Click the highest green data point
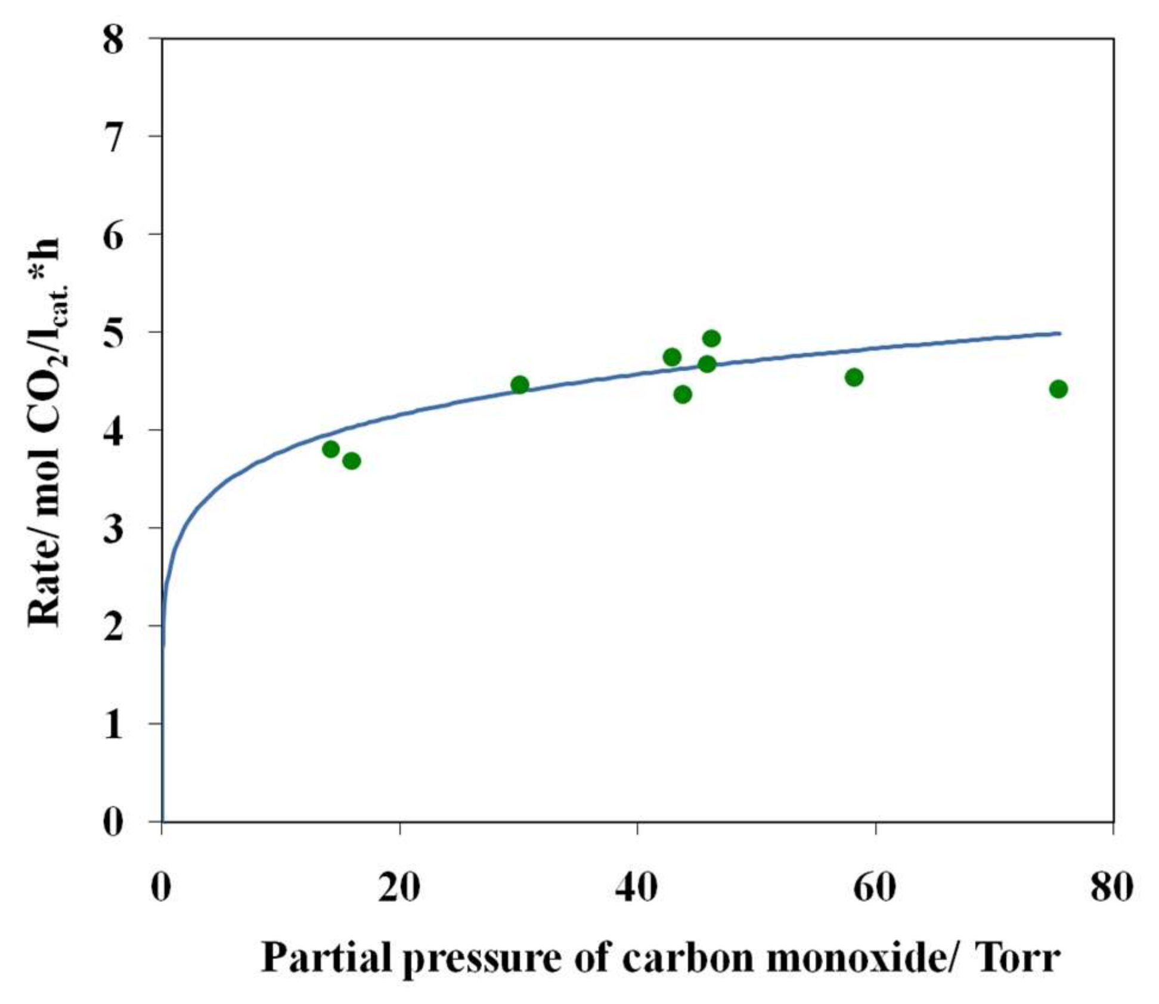point(711,339)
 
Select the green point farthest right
point(1058,389)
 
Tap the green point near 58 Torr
point(854,377)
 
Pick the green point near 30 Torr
point(520,385)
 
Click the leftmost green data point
point(331,449)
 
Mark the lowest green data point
point(352,461)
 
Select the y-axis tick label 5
point(113,333)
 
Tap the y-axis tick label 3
point(113,528)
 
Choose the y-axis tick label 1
point(113,724)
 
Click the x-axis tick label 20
point(399,887)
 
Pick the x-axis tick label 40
point(637,887)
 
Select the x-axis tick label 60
point(875,887)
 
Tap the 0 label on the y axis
point(113,822)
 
